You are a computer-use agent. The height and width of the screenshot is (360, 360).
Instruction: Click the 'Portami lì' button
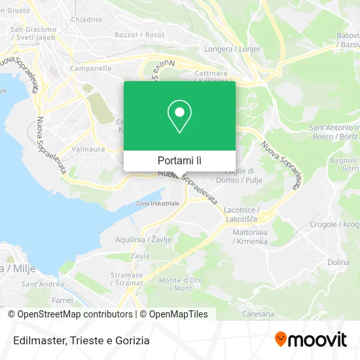click(179, 160)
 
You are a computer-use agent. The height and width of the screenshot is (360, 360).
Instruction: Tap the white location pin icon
click(179, 117)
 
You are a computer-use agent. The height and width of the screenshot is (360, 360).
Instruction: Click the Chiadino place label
click(86, 20)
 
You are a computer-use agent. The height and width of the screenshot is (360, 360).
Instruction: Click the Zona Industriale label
click(157, 204)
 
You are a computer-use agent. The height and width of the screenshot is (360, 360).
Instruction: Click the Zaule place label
click(140, 257)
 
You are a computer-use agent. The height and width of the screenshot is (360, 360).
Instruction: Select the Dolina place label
click(338, 262)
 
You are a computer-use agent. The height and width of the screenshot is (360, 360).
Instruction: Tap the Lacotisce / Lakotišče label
click(240, 213)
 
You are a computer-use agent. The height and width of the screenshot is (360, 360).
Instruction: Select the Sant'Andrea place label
click(43, 284)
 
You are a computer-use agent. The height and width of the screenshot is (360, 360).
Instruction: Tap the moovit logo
click(310, 339)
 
